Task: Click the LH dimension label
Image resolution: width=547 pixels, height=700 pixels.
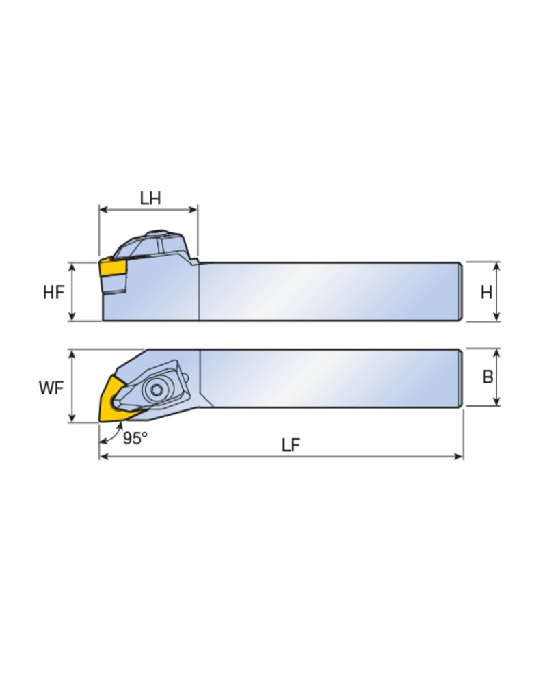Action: pos(150,199)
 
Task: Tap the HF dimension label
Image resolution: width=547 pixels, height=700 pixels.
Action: pos(53,293)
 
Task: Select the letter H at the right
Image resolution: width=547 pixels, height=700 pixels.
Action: pos(486,293)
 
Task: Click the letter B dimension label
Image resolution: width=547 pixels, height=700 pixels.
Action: pos(488,377)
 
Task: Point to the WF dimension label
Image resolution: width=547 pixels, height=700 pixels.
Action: pos(51,388)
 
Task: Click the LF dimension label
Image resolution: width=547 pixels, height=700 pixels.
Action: pos(291,445)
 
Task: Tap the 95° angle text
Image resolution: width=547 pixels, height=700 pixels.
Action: pos(135,438)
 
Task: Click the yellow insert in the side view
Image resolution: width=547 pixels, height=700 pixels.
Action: pos(113,268)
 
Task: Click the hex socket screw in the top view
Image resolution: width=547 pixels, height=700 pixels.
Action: pos(157,390)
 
